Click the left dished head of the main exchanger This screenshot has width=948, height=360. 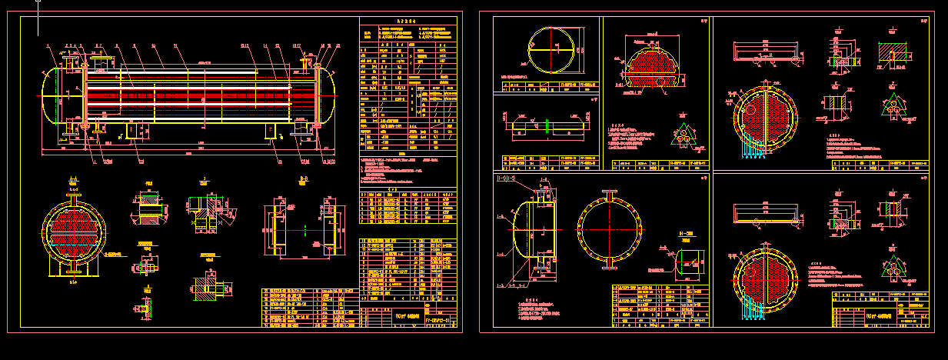point(52,95)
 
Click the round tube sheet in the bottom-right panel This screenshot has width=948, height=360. point(767,276)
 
